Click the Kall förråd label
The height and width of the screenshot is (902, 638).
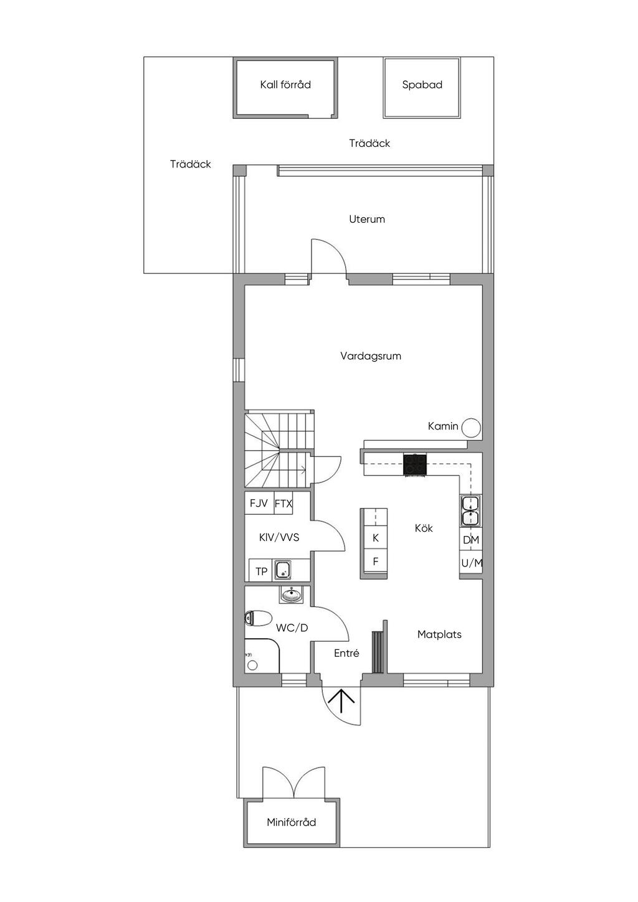click(x=285, y=85)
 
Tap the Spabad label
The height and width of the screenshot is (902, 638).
click(x=422, y=85)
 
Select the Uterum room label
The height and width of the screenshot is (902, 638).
click(x=367, y=219)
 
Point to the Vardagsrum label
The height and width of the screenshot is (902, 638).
click(x=371, y=356)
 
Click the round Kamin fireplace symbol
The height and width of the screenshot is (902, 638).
click(x=471, y=427)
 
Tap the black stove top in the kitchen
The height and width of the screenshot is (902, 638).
click(x=415, y=464)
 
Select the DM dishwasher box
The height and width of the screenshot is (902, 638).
click(x=471, y=540)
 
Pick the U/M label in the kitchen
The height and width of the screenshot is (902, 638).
click(x=472, y=563)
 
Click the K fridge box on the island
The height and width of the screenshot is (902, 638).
click(x=375, y=538)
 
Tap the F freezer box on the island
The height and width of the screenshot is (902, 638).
click(x=375, y=561)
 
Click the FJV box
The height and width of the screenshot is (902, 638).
click(x=259, y=504)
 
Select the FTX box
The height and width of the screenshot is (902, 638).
click(x=283, y=504)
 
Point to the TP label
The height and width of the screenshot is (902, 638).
click(x=262, y=571)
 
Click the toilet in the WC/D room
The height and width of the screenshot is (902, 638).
click(x=258, y=618)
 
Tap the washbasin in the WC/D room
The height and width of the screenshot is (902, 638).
click(x=290, y=594)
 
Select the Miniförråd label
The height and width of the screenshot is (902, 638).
click(x=292, y=822)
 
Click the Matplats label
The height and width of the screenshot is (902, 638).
click(x=439, y=634)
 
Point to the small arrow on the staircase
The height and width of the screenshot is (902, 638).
click(x=302, y=468)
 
